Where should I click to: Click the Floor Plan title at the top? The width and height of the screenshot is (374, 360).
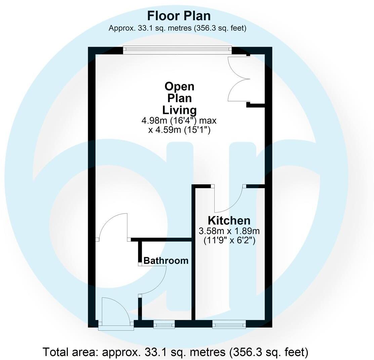[x=179, y=16]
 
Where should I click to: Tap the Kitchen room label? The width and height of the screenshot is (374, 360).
[x=229, y=221]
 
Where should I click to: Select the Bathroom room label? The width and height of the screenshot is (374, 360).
[x=166, y=261]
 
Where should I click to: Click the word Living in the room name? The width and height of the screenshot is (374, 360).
[x=179, y=110]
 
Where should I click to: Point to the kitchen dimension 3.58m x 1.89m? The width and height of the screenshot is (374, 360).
[x=229, y=231]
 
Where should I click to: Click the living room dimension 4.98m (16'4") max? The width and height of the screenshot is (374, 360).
[x=179, y=120]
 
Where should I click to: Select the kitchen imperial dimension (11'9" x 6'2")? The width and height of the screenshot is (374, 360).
[x=229, y=240]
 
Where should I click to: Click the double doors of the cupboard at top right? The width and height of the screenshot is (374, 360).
[x=239, y=79]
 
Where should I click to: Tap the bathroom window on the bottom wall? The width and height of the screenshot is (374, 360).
[x=164, y=324]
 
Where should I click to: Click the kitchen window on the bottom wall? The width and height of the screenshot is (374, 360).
[x=229, y=324]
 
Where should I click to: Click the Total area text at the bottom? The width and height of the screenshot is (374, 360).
[x=175, y=352]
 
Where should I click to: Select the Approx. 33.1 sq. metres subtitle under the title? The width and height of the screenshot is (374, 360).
[x=177, y=28]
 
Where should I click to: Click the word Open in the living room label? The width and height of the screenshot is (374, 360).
[x=179, y=86]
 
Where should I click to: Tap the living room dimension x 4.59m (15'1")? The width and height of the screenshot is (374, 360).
[x=179, y=130]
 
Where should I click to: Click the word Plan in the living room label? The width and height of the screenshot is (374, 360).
[x=179, y=98]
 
